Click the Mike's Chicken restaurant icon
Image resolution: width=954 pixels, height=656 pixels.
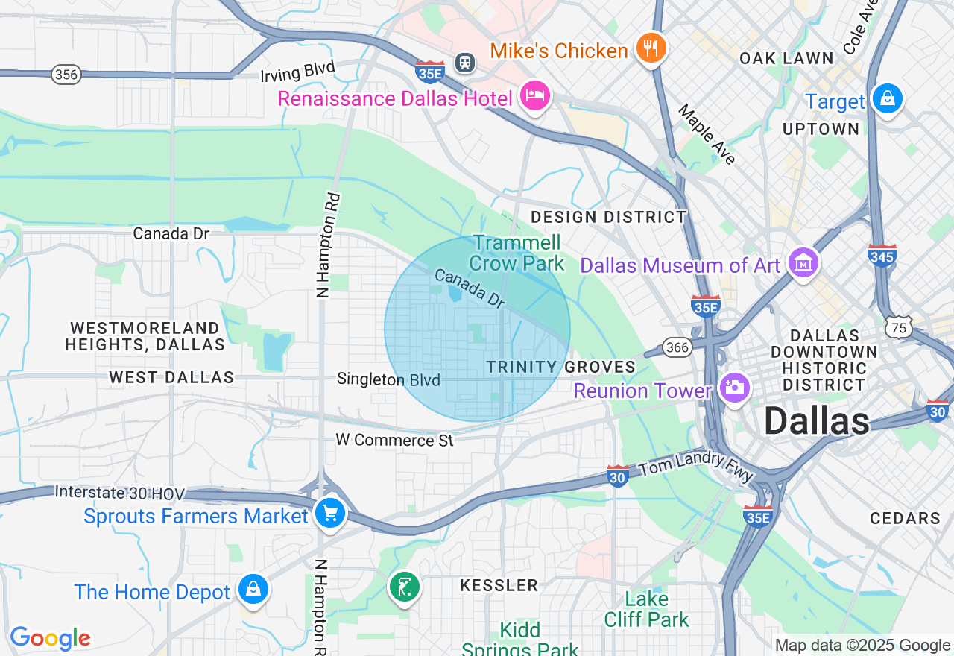[x=651, y=48]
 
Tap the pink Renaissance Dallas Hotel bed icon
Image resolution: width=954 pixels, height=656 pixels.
[x=535, y=97]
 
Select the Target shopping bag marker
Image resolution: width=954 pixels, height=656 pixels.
[x=887, y=99]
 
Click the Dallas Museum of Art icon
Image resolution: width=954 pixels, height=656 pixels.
[x=803, y=263]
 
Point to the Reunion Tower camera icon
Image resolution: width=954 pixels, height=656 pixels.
[x=735, y=388]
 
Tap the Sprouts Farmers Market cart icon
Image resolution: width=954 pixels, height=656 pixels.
[x=329, y=514]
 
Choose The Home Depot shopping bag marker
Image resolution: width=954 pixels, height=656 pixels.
[x=253, y=590]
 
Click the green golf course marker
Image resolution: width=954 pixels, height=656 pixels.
[x=405, y=587]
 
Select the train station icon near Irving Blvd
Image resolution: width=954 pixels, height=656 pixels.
[x=466, y=62]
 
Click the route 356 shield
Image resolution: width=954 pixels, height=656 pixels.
[x=66, y=75]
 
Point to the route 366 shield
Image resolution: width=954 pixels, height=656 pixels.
[x=677, y=347]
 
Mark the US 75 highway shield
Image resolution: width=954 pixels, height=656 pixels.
[x=900, y=327]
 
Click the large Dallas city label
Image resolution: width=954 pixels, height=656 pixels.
[x=816, y=422]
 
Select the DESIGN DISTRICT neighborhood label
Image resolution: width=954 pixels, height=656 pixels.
[x=608, y=217]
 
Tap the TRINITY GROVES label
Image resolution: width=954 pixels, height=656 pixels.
[x=560, y=367]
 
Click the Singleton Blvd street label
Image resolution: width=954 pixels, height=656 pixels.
[x=388, y=379]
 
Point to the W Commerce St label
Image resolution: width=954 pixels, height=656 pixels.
[x=394, y=440]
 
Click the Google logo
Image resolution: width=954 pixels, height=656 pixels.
[x=50, y=638]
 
